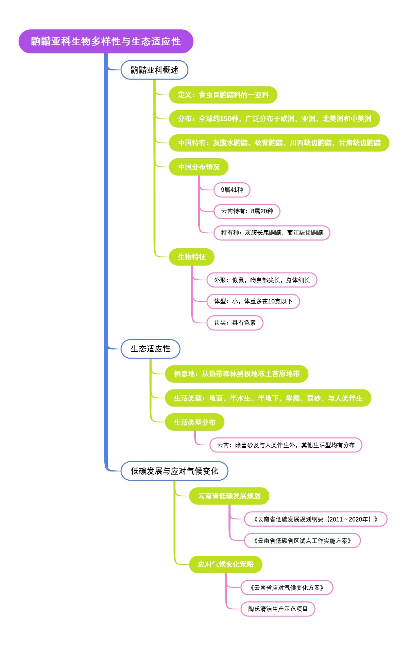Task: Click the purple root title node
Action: pyautogui.click(x=106, y=41)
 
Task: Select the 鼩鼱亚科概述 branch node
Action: pyautogui.click(x=154, y=70)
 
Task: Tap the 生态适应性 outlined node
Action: pyautogui.click(x=150, y=349)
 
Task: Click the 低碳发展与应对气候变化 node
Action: pyautogui.click(x=174, y=471)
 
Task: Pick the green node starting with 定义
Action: pyautogui.click(x=223, y=95)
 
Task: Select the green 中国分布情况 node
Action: pyautogui.click(x=199, y=167)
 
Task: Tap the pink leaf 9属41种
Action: pyautogui.click(x=232, y=190)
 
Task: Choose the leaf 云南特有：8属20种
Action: pyautogui.click(x=247, y=211)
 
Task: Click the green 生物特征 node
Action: pyautogui.click(x=192, y=257)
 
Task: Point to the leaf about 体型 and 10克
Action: pyautogui.click(x=253, y=301)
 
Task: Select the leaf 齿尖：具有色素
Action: pyautogui.click(x=235, y=323)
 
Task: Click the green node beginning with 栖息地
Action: pyautogui.click(x=237, y=374)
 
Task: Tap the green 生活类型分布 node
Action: pyautogui.click(x=194, y=422)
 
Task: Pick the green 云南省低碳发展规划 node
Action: pyautogui.click(x=229, y=496)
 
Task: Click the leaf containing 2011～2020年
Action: pyautogui.click(x=316, y=519)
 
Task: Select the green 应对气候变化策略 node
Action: pyautogui.click(x=226, y=564)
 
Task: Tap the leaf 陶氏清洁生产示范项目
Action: pyautogui.click(x=278, y=609)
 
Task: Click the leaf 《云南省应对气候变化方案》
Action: pyautogui.click(x=287, y=587)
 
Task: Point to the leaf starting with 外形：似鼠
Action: pyautogui.click(x=262, y=280)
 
